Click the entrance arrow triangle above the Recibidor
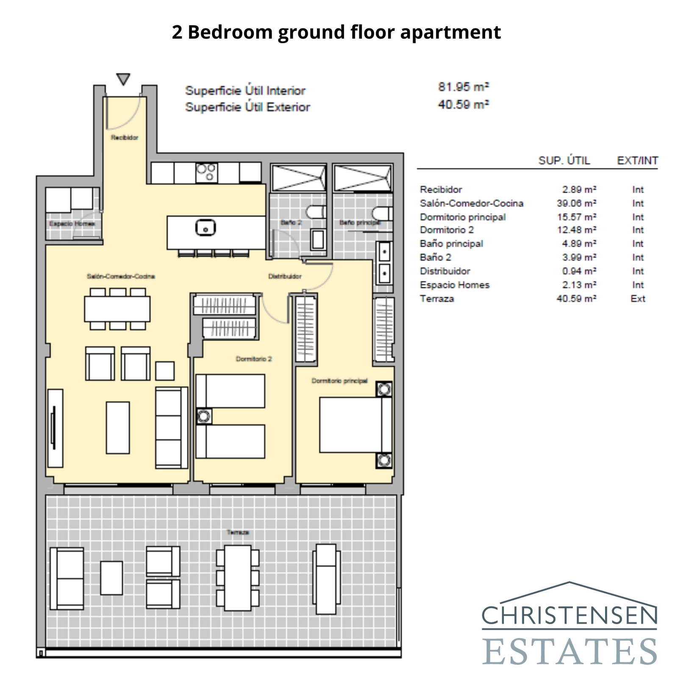123,79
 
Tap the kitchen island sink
206,228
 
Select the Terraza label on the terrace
237,532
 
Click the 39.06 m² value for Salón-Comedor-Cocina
576,203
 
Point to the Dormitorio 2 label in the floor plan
253,359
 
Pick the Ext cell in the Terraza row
637,299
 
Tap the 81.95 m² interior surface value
463,87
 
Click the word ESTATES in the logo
570,651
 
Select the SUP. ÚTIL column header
564,161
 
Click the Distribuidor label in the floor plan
285,276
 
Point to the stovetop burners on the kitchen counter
207,172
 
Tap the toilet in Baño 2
316,212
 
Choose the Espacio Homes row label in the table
454,285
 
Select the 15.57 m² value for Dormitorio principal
576,217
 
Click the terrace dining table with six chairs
238,578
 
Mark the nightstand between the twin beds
204,416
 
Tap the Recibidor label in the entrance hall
125,137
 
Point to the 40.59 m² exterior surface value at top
463,104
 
